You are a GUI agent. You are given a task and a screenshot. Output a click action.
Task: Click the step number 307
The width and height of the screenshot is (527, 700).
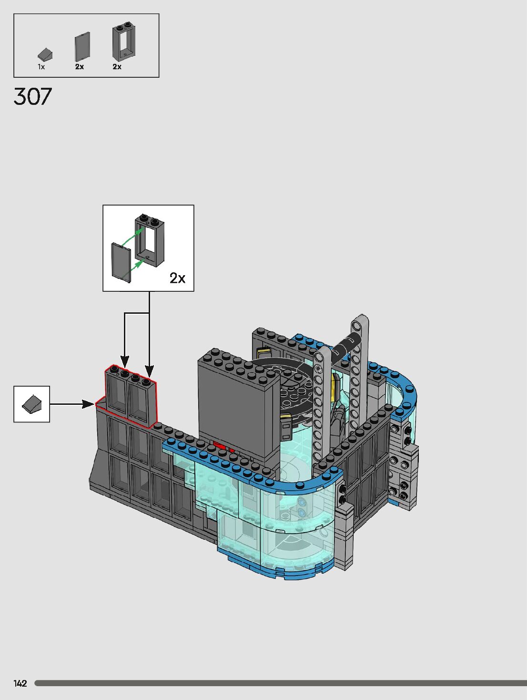coord(32,96)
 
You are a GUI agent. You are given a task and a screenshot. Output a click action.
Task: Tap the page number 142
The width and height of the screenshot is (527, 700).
coord(20,683)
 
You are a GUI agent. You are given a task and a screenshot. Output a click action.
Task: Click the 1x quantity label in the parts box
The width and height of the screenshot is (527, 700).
coord(41,67)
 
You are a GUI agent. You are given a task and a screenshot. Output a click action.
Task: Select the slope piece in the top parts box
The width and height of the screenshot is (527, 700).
coord(45,54)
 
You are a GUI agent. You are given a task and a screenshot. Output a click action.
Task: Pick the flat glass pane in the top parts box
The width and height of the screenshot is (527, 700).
coord(82,47)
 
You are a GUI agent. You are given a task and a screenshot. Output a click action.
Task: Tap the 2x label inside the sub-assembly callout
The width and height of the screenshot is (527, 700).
coord(177,278)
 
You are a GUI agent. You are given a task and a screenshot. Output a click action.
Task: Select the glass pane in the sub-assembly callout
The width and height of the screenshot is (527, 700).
coord(121,262)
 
